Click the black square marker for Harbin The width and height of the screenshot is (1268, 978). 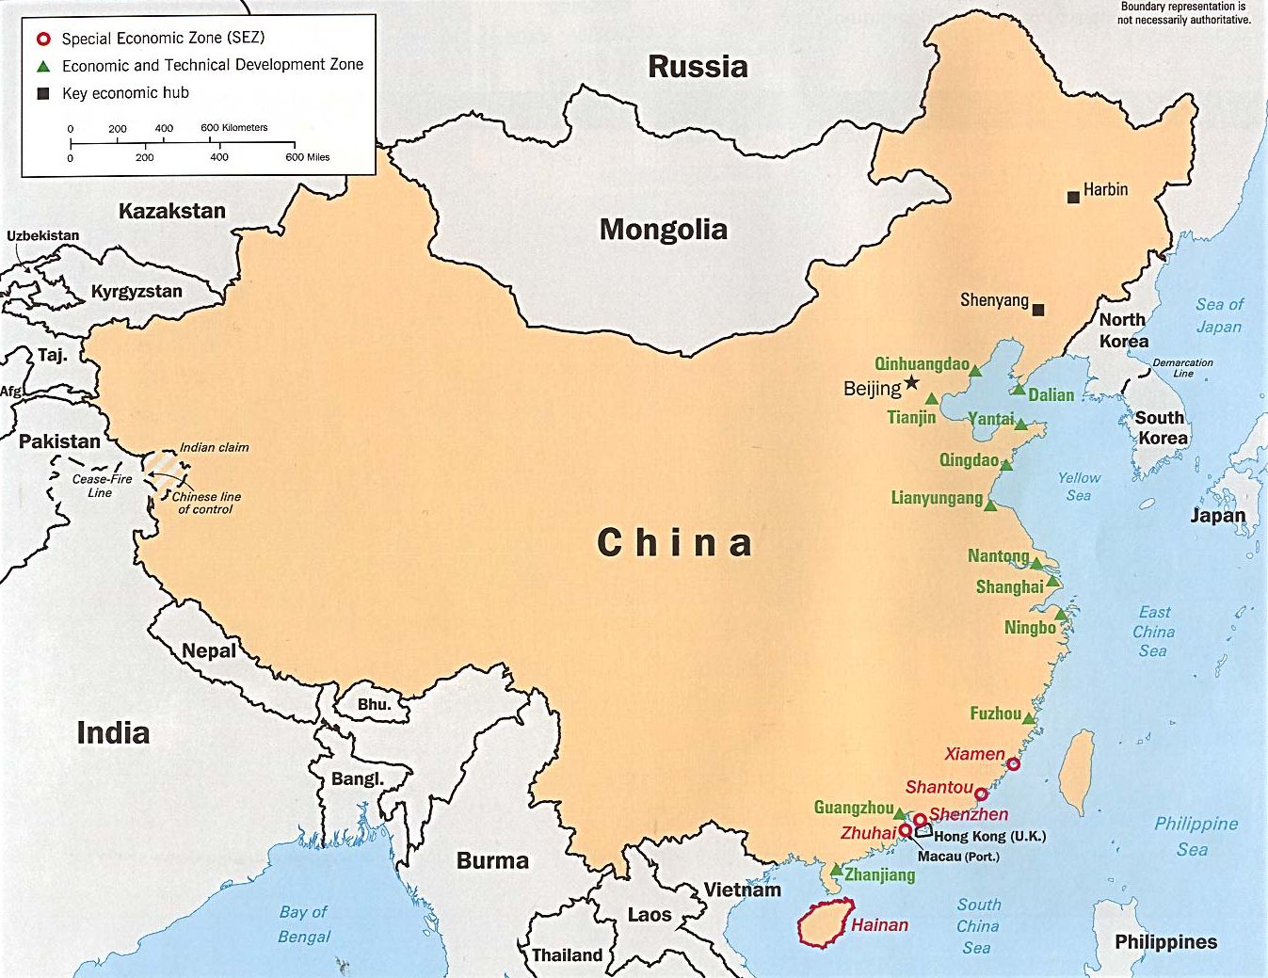click(x=1073, y=197)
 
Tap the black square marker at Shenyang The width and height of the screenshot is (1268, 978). click(x=1038, y=310)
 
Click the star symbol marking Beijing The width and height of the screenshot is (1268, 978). click(x=911, y=383)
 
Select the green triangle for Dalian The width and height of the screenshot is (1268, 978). click(x=1019, y=389)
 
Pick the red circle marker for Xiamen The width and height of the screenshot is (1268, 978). click(x=1013, y=763)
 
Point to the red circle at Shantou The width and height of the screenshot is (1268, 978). click(x=981, y=794)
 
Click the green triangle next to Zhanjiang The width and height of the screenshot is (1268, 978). click(x=836, y=871)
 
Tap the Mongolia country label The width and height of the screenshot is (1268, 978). click(x=663, y=230)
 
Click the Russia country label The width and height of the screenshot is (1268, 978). click(x=698, y=67)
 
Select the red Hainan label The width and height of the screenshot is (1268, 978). click(x=879, y=925)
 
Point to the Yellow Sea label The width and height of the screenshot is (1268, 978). click(x=1079, y=487)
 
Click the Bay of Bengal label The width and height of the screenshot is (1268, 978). click(x=303, y=924)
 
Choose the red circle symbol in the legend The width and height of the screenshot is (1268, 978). click(x=42, y=39)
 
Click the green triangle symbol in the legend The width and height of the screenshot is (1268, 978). click(x=42, y=66)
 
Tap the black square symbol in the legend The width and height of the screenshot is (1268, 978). click(x=42, y=93)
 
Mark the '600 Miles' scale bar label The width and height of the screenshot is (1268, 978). click(x=307, y=157)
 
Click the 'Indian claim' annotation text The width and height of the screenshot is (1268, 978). click(x=214, y=447)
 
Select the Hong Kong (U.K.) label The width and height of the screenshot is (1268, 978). click(x=989, y=836)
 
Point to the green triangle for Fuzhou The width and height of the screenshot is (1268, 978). click(x=1029, y=719)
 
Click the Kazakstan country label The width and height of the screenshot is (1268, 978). click(x=171, y=211)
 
